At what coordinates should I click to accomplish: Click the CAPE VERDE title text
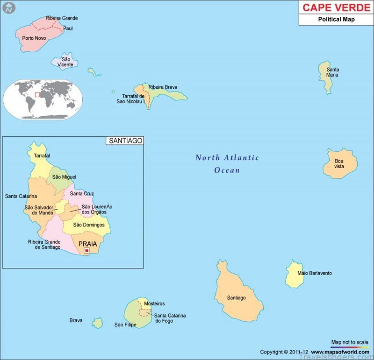point(336,8)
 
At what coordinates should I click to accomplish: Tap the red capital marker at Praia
point(86,251)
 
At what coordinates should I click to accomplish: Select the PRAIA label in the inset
point(87,244)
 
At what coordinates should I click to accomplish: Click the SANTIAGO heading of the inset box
point(125,141)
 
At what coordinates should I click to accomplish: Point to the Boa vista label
point(339,163)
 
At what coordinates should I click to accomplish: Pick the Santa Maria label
point(332,72)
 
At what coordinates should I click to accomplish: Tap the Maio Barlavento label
point(315,273)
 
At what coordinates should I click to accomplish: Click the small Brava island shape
point(97,323)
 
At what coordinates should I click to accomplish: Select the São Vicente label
point(66,62)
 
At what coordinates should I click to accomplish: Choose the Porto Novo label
point(34,38)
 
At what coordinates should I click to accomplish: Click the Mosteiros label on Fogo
point(154,304)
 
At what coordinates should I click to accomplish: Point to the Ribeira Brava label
point(163,87)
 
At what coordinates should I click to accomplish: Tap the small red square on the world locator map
point(38,95)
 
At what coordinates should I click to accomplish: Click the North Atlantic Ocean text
point(227,164)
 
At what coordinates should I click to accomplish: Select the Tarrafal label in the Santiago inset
point(42,155)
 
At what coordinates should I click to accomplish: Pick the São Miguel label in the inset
point(64,177)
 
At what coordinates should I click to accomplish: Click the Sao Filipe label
point(125,325)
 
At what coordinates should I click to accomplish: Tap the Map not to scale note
point(350,342)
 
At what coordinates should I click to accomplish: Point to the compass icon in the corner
point(8,8)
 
